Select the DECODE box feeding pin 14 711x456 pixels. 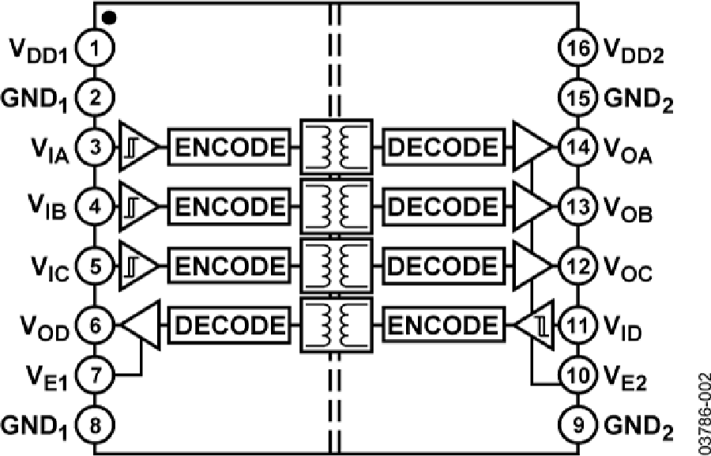coord(444,147)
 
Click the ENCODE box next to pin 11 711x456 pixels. coord(444,324)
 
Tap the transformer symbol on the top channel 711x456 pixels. coord(336,147)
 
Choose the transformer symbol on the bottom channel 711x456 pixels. coord(336,324)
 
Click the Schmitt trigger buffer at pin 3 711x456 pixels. coord(138,147)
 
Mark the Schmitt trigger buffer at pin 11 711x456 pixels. coord(536,325)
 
